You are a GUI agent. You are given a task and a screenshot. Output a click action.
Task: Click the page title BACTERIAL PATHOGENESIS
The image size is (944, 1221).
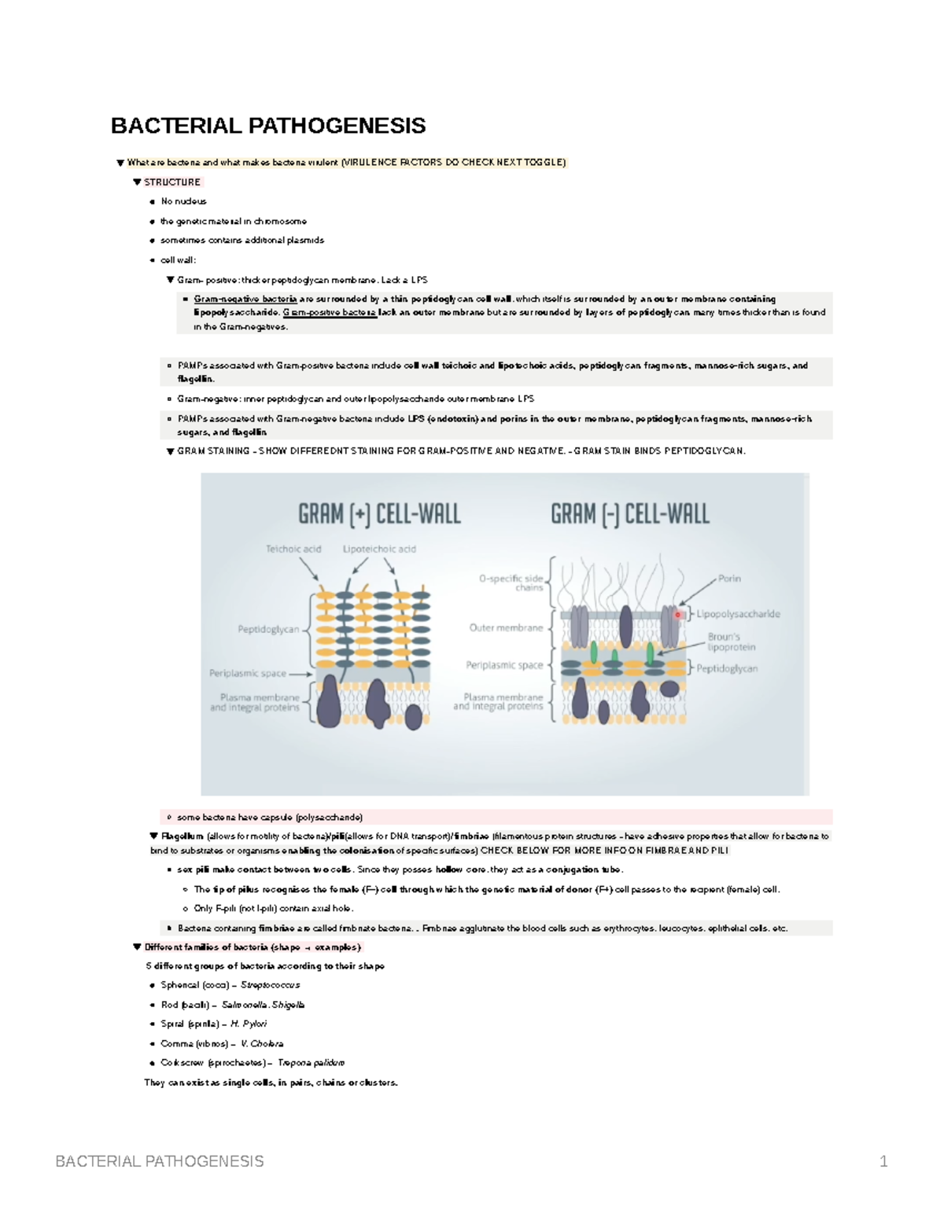click(x=268, y=126)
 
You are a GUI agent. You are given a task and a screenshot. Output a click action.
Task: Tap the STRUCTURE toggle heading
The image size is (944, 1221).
click(x=172, y=182)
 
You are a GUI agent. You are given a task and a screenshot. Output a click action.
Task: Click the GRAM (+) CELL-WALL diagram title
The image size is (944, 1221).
click(x=379, y=514)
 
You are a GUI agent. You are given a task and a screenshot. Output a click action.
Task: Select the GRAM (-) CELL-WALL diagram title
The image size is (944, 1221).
click(x=629, y=514)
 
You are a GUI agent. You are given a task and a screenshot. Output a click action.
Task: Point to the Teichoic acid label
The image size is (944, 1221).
click(x=293, y=549)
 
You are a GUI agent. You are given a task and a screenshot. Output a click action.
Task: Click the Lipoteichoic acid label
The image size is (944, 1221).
click(x=379, y=549)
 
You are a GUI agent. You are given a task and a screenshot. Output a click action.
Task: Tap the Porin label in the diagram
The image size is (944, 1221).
click(x=729, y=579)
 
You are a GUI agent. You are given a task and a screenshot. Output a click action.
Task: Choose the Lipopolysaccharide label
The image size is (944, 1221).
click(x=738, y=614)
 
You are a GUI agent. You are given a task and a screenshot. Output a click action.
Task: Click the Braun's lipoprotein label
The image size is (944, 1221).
click(x=731, y=642)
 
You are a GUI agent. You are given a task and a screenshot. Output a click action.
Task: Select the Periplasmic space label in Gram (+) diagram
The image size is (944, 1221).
click(x=248, y=673)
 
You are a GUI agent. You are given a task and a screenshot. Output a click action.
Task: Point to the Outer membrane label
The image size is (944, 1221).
click(x=506, y=628)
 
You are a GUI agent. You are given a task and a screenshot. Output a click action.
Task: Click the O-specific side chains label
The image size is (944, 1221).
click(x=511, y=583)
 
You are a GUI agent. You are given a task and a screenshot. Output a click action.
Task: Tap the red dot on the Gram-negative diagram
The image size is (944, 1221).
click(x=678, y=615)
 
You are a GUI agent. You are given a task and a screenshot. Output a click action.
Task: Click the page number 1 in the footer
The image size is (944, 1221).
click(x=883, y=1161)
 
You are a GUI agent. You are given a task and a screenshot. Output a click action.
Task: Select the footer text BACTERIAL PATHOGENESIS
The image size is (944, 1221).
click(x=160, y=1161)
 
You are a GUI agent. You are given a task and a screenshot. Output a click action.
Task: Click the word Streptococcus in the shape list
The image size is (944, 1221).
click(x=270, y=985)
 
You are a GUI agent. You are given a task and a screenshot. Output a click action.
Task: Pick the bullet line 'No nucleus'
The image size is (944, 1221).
click(x=183, y=201)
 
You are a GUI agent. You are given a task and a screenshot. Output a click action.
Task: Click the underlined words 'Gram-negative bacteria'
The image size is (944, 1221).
click(x=245, y=300)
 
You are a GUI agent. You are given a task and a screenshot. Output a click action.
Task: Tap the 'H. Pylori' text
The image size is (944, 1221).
click(x=249, y=1024)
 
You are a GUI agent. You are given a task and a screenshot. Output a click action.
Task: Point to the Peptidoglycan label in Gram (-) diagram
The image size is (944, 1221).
click(x=727, y=669)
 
